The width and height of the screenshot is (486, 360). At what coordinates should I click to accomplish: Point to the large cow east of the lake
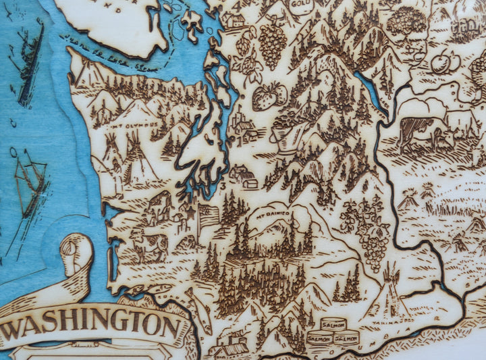(x=421, y=131)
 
